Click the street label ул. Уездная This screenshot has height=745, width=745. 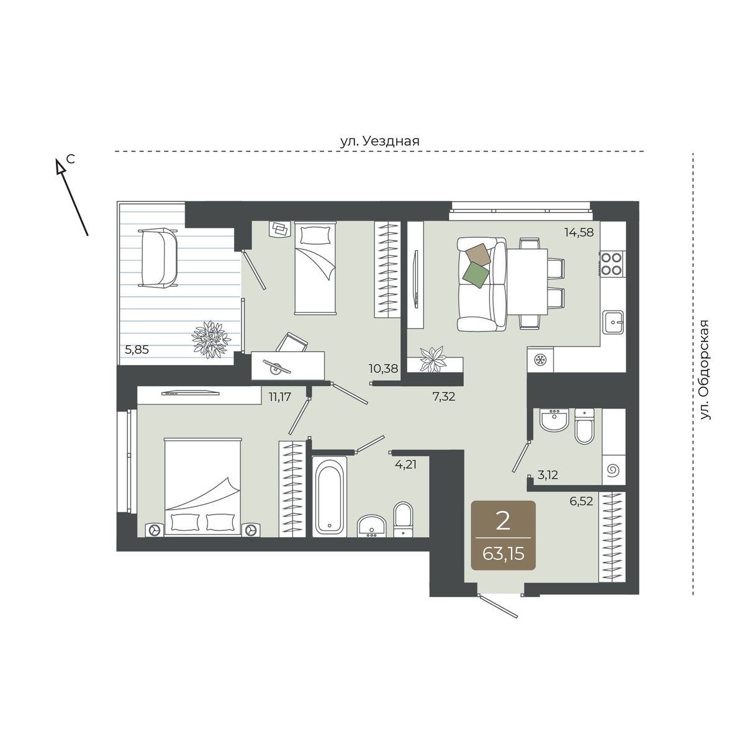pyautogui.click(x=380, y=141)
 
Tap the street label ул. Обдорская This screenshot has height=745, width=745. pyautogui.click(x=705, y=369)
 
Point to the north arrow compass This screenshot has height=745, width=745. pyautogui.click(x=72, y=197)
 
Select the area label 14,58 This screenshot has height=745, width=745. pyautogui.click(x=579, y=232)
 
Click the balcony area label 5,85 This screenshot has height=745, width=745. pyautogui.click(x=137, y=350)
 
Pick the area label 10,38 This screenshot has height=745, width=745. pyautogui.click(x=384, y=368)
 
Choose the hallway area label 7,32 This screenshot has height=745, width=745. pyautogui.click(x=444, y=396)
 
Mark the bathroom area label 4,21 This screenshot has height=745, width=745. pyautogui.click(x=406, y=464)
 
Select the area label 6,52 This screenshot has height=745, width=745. pyautogui.click(x=581, y=501)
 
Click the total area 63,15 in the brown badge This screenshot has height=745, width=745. pyautogui.click(x=503, y=554)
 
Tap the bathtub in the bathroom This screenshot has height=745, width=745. pyautogui.click(x=330, y=497)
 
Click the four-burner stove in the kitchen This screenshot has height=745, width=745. pyautogui.click(x=612, y=263)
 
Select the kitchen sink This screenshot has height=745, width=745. pyautogui.click(x=613, y=322)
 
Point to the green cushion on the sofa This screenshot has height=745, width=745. pyautogui.click(x=476, y=275)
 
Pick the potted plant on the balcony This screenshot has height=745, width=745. pyautogui.click(x=211, y=340)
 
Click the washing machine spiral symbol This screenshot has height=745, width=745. pyautogui.click(x=613, y=471)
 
